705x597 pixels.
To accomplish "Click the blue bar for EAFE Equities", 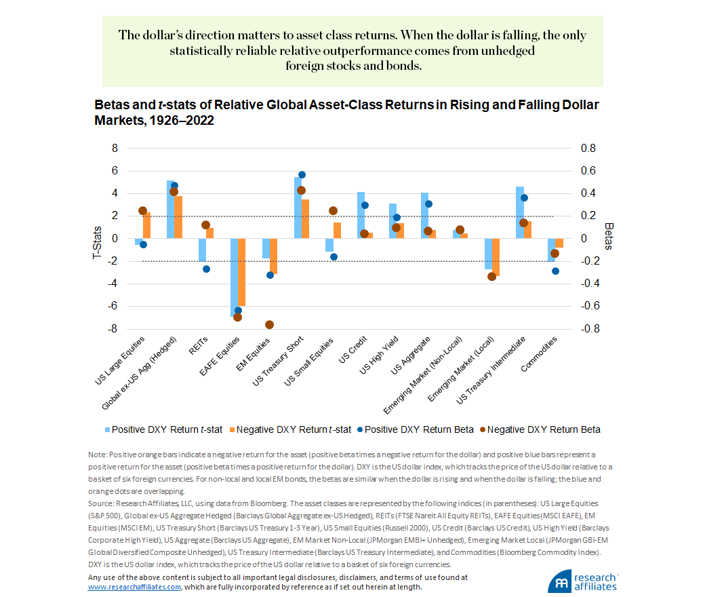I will pos(235,277).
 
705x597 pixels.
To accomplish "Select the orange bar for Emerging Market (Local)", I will pos(496,257).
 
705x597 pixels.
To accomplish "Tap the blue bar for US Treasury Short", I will pos(298,208).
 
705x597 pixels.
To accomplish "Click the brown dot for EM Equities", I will pos(270,324).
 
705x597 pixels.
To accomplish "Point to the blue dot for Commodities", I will pos(555,271).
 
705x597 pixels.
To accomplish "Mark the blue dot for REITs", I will pos(206,269).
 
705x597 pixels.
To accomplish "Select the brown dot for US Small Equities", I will pos(333,210).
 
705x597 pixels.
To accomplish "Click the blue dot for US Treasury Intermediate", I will pos(524,197).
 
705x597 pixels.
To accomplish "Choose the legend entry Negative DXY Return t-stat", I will pos(291,429).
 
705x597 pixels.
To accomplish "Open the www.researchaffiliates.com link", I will pos(134,588).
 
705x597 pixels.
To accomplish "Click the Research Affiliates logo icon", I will pos(561,584).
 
